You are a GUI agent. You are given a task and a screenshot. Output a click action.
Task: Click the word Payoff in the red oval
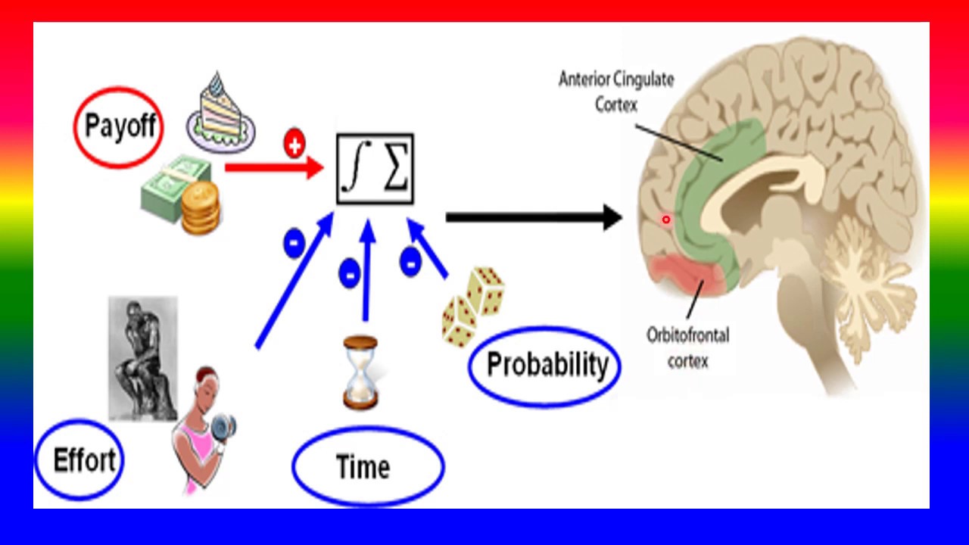pos(120,126)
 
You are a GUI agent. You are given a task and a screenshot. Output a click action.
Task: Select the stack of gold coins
pos(200,207)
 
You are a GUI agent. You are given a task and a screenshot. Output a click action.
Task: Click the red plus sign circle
pos(294,144)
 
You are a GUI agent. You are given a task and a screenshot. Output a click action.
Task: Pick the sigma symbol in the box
pos(395,169)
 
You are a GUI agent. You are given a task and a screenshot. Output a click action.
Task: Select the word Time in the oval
pos(363,467)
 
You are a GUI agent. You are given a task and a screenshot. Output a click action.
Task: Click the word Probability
pos(547,365)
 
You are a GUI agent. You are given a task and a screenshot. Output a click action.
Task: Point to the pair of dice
pos(474,307)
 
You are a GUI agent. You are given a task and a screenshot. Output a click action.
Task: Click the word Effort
pos(84,460)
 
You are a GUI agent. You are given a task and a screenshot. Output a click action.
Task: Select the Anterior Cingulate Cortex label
pos(615,91)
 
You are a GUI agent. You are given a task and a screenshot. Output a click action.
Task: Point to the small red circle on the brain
pos(666,220)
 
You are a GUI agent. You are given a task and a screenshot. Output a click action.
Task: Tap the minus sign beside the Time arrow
pos(349,274)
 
